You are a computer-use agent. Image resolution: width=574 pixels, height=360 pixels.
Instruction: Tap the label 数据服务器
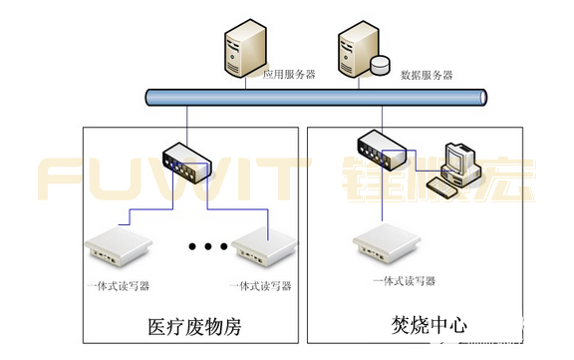point(427,75)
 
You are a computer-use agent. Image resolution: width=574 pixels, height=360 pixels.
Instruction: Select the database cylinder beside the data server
point(381,66)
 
